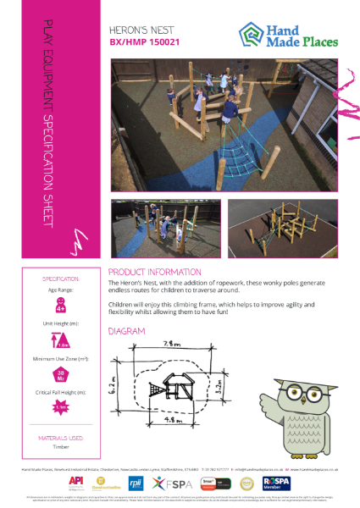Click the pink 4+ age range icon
click(60, 303)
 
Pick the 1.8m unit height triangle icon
click(60, 340)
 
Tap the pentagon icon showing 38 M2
click(60, 377)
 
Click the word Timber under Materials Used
click(60, 447)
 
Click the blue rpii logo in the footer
click(135, 483)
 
